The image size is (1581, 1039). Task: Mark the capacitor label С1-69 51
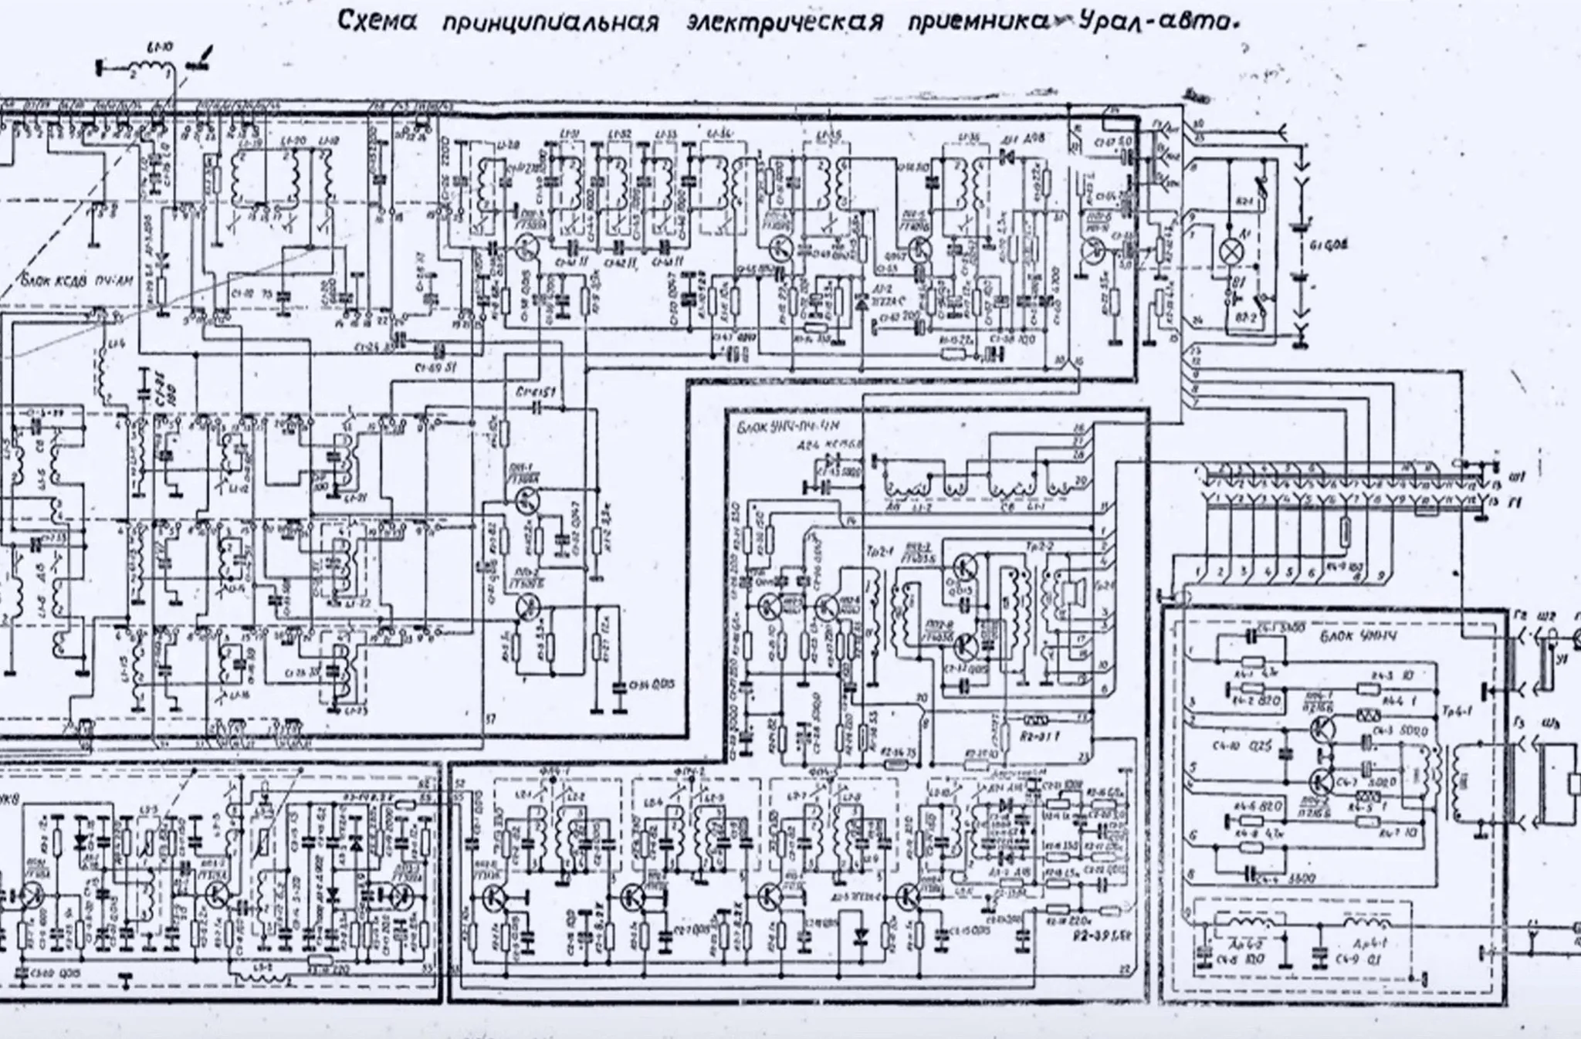(437, 367)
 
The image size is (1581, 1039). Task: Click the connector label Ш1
(1516, 472)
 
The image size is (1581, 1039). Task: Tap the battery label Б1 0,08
(1329, 245)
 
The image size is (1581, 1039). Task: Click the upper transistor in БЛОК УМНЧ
(1322, 727)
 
